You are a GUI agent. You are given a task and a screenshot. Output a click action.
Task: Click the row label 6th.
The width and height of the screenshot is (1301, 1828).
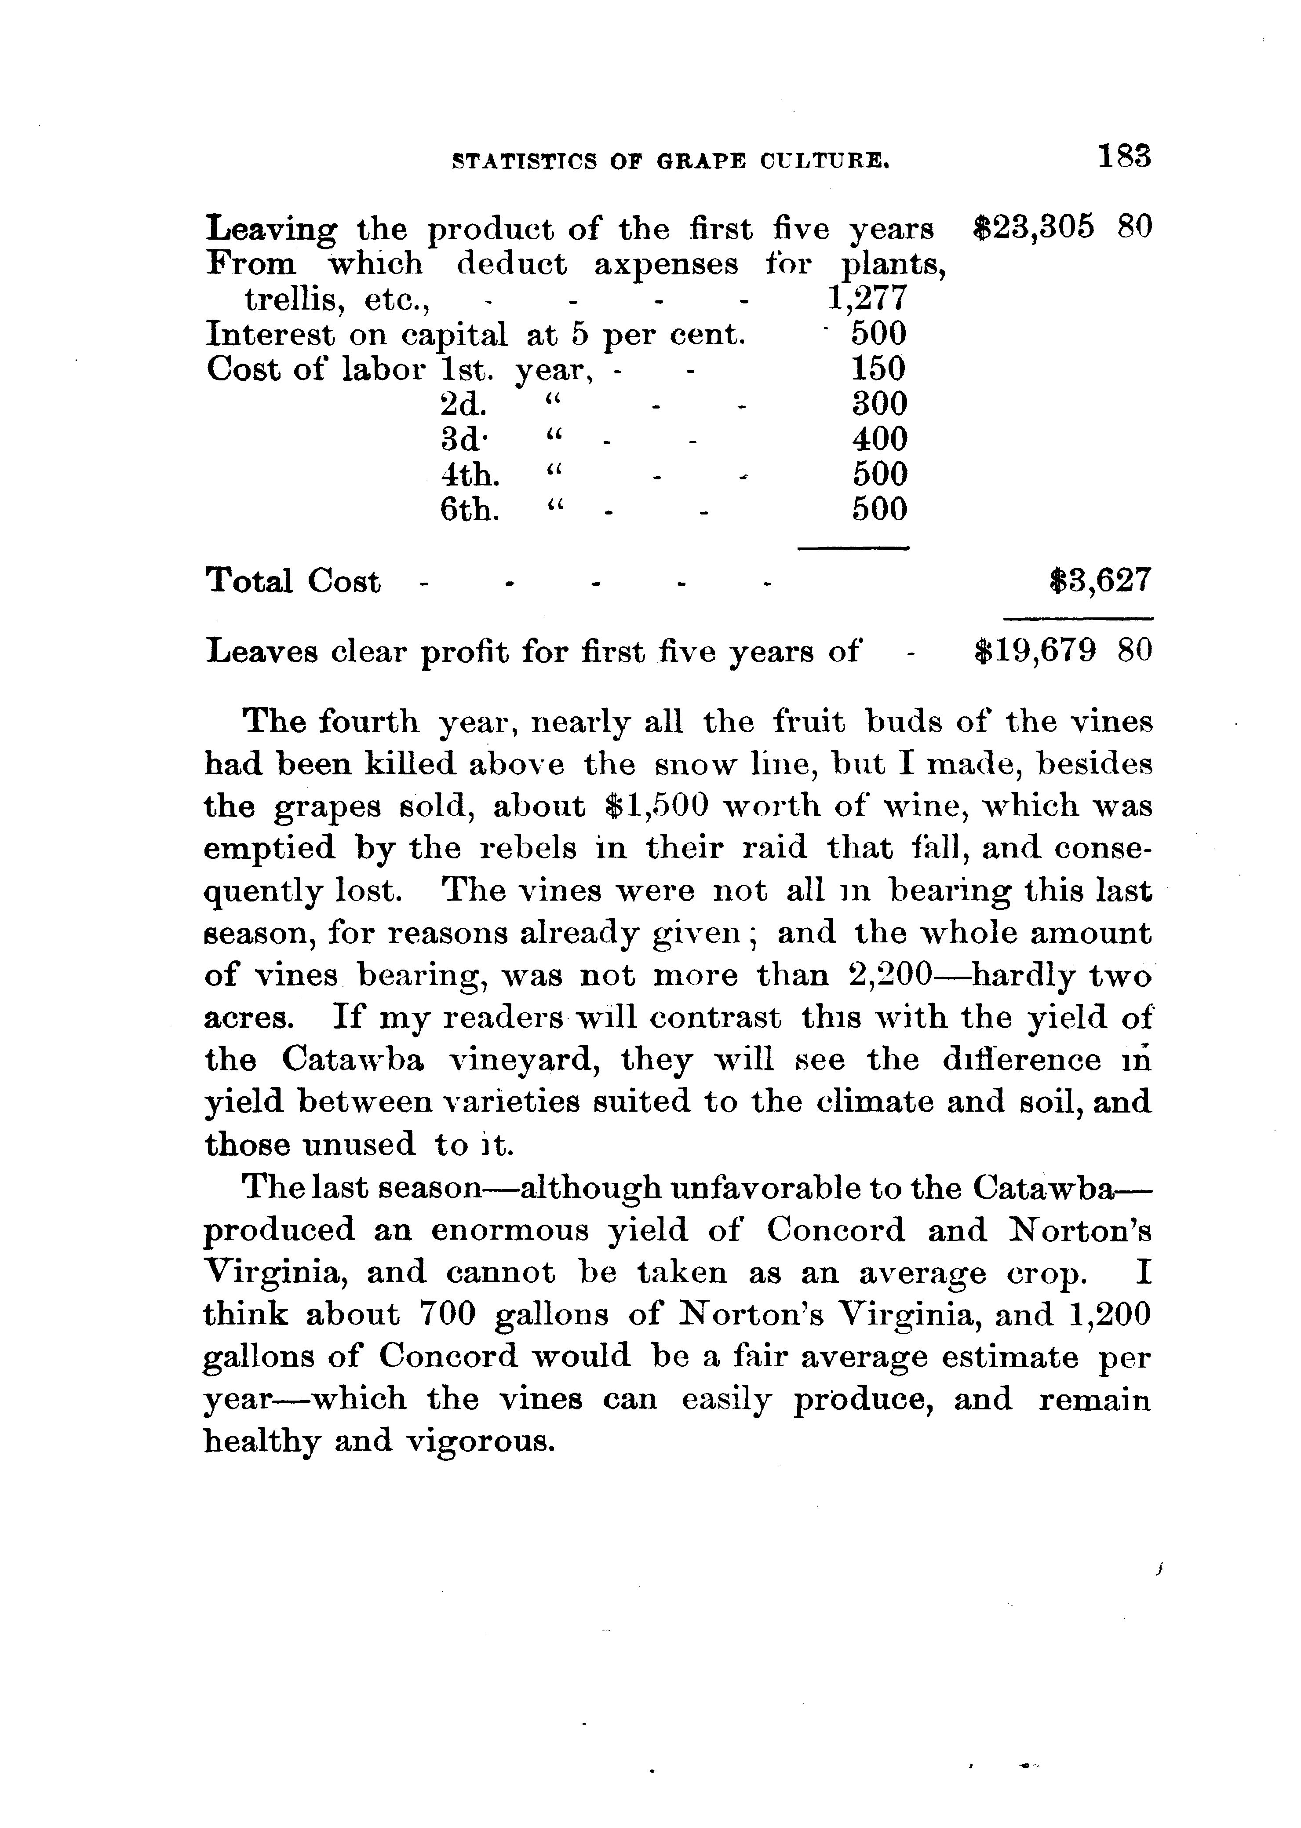coord(470,510)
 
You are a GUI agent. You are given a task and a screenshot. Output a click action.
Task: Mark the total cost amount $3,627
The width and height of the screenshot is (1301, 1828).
coord(1100,580)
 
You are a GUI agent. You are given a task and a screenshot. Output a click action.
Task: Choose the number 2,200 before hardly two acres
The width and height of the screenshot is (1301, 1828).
coord(889,975)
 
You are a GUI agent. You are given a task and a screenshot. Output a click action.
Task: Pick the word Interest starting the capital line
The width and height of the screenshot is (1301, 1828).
coord(270,334)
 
